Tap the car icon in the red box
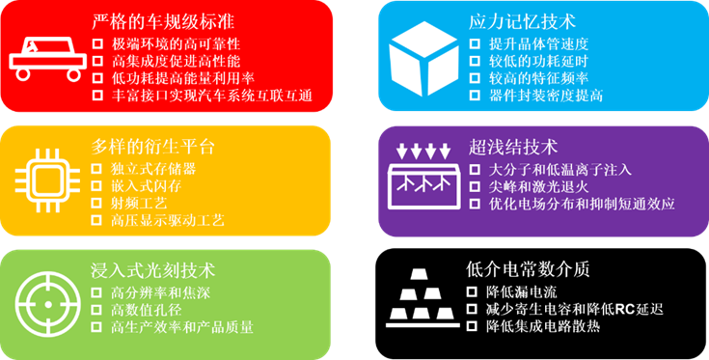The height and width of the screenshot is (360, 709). (x=48, y=59)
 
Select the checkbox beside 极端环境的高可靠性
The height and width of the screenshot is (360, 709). (x=97, y=43)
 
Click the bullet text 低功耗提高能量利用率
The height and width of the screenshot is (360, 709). (x=182, y=78)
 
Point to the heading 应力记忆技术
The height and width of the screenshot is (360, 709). (x=522, y=21)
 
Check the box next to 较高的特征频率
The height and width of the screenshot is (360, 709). (x=475, y=78)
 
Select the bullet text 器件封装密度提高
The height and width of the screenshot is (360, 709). (x=546, y=96)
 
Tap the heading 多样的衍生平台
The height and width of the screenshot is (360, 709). (x=152, y=147)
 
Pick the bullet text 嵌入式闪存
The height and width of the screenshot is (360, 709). (x=147, y=186)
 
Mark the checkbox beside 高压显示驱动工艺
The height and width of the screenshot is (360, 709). (x=96, y=220)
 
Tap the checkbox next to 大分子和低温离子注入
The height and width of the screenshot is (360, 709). (x=475, y=170)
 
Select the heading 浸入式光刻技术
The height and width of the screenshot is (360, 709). (x=152, y=270)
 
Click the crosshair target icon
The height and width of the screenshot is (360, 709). (x=47, y=301)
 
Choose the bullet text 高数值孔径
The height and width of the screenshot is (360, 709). (x=146, y=310)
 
